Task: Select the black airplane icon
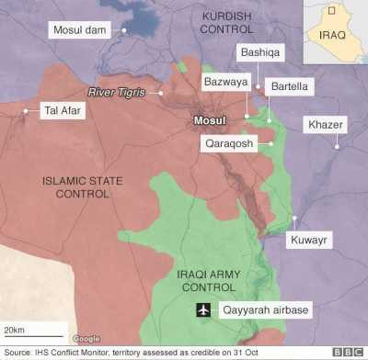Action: pos(202,310)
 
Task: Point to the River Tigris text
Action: pos(121,92)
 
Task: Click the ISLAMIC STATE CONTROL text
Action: pos(82,187)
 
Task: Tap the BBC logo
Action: pos(347,352)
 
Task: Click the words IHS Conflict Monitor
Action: pos(70,352)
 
